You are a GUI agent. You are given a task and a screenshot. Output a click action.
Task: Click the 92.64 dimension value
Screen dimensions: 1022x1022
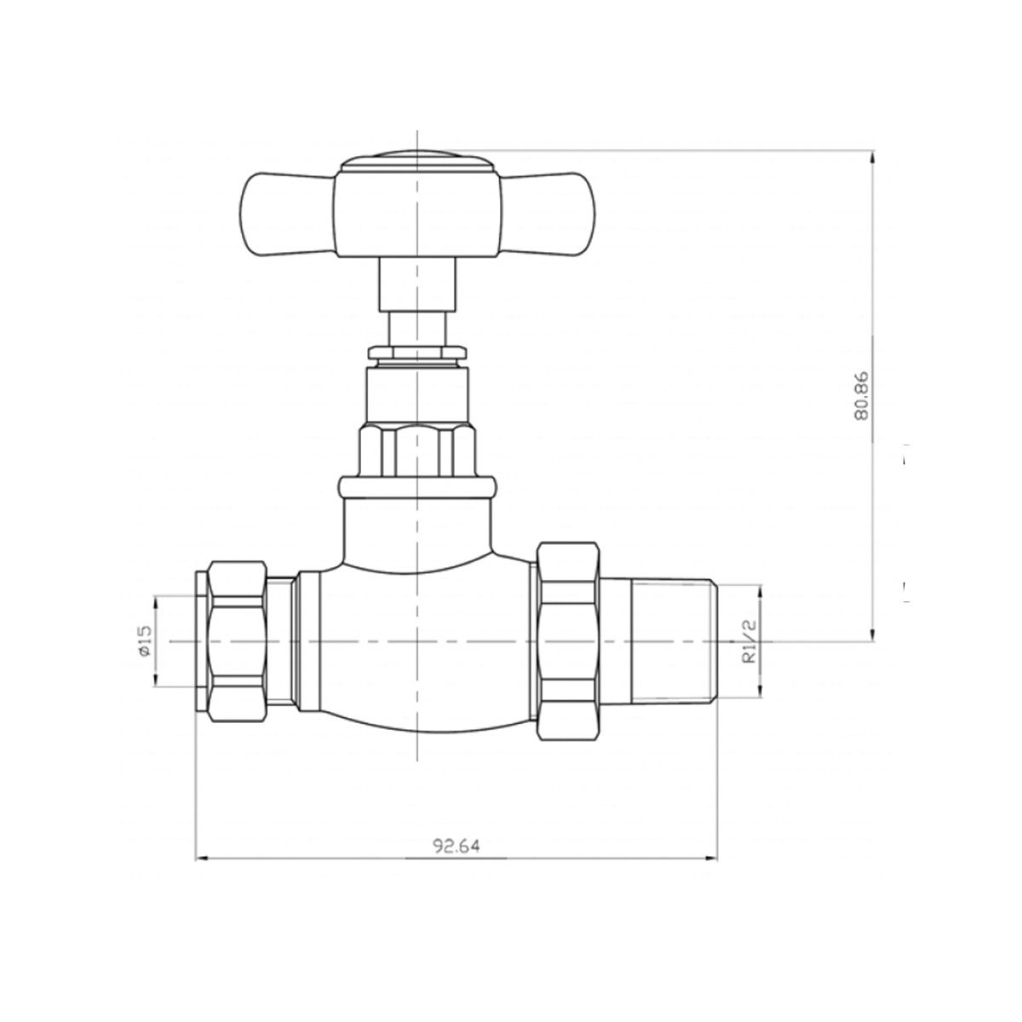coord(456,845)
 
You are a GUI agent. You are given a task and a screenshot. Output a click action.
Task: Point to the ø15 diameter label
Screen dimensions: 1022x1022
coord(145,640)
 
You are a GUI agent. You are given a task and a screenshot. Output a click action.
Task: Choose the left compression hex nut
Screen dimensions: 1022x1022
coord(237,641)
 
